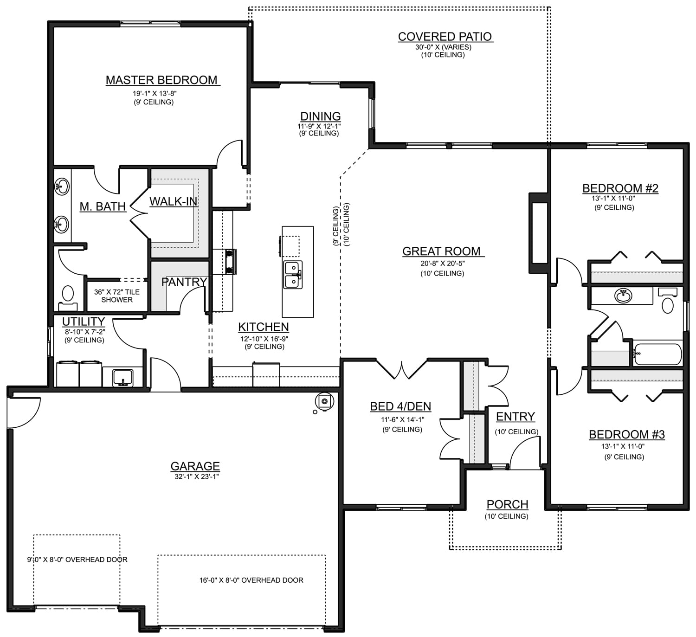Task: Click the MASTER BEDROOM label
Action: coord(161,80)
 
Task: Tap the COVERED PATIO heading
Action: coord(445,37)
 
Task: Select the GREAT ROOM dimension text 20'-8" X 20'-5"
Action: coord(442,264)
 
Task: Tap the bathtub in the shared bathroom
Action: coord(657,354)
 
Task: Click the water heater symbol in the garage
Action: coord(324,401)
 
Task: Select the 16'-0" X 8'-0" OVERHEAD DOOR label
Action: coord(251,580)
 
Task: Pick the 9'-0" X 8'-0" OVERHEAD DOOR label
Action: coord(77,559)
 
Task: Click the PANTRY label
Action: coord(184,282)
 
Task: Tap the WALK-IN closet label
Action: coord(174,201)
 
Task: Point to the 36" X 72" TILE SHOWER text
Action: coord(117,296)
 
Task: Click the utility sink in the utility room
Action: coord(122,378)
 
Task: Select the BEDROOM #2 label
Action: coord(620,188)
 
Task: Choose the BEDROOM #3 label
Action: coord(627,434)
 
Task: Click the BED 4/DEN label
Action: coord(400,406)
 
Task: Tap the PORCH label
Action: coord(507,504)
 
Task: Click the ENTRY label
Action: coord(515,416)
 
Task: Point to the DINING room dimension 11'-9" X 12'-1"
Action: coord(319,126)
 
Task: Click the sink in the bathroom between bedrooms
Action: coord(623,296)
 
